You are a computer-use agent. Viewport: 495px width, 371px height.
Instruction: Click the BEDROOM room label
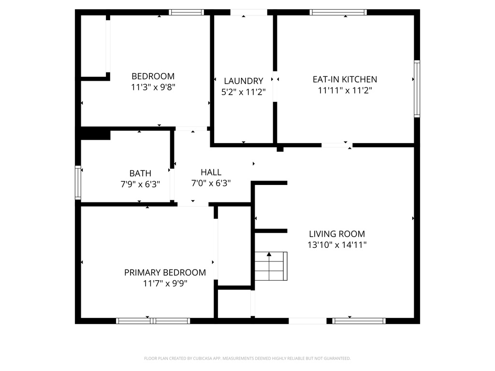[x=153, y=76]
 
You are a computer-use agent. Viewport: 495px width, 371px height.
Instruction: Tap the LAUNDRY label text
[x=244, y=81]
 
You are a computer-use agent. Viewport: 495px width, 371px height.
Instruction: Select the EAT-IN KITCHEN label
[x=345, y=80]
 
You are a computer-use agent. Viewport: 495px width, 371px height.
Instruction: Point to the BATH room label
[x=140, y=173]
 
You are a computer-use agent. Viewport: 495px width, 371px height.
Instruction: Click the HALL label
[x=211, y=172]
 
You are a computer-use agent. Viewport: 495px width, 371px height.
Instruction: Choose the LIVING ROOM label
[x=337, y=234]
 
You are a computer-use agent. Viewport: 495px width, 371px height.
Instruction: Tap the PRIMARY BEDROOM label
[x=165, y=272]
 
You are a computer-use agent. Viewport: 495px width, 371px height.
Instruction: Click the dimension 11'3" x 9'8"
[x=153, y=87]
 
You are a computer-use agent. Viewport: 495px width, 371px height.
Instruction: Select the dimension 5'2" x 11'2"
[x=244, y=92]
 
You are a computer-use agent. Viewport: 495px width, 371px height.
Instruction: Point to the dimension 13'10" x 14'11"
[x=337, y=245]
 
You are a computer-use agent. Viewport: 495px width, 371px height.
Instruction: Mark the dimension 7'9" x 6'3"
[x=140, y=184]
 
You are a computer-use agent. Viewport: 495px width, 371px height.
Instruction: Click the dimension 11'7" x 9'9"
[x=165, y=283]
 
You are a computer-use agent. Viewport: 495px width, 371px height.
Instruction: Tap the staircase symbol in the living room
[x=271, y=266]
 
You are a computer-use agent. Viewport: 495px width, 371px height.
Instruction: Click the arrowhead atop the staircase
[x=269, y=254]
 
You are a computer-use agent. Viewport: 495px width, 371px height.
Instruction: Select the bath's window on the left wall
[x=78, y=182]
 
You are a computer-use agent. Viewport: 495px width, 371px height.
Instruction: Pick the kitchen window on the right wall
[x=417, y=89]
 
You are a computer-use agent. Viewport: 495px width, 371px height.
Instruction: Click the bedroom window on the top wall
[x=186, y=12]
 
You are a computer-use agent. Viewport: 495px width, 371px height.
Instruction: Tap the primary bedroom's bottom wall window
[x=153, y=321]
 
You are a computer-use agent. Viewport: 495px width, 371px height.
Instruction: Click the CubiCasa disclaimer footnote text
[x=247, y=358]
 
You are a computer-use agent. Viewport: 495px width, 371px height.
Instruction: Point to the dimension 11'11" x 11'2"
[x=345, y=90]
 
